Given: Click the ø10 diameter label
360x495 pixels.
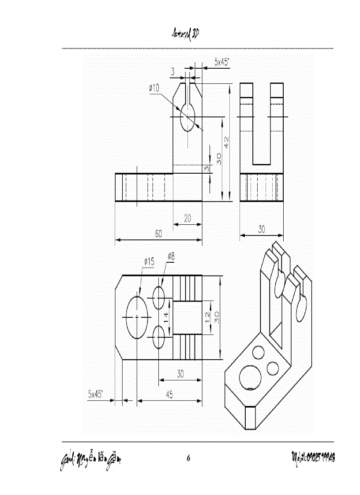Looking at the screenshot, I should (154, 88).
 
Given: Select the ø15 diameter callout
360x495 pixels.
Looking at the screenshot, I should (149, 262).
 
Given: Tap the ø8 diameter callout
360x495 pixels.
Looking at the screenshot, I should (171, 256).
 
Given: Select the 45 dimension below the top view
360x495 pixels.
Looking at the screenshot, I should (169, 395).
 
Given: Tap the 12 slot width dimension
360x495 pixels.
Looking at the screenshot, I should (208, 318).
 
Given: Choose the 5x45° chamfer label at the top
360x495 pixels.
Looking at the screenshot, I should (221, 63).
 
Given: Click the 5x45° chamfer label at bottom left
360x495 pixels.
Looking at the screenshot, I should (95, 394).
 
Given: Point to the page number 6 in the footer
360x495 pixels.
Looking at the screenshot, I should (188, 459).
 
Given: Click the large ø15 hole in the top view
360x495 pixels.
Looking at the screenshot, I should (137, 317).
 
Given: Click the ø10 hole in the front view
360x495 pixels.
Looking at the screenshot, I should (188, 117).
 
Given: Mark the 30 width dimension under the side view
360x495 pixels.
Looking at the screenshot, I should (262, 229).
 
